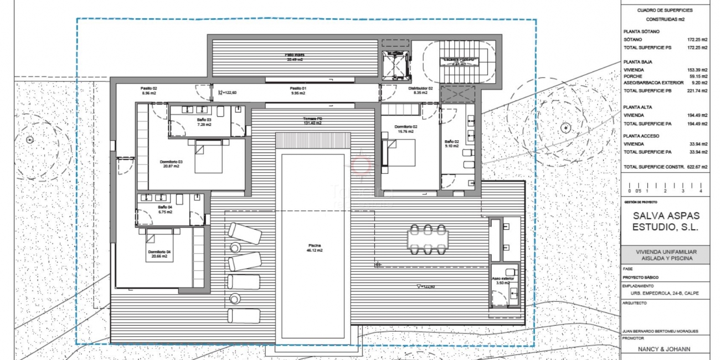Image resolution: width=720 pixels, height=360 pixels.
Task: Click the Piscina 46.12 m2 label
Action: pos(315,248)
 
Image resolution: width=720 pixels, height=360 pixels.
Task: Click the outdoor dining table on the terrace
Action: pos(428,239)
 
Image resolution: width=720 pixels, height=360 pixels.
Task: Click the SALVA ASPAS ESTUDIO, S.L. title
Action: pos(666,222)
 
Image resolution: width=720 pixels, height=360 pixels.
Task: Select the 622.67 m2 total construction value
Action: pos(697,167)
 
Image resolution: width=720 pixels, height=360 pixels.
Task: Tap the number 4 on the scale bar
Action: pos(701,191)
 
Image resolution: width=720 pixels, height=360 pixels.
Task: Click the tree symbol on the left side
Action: pos(29,138)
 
